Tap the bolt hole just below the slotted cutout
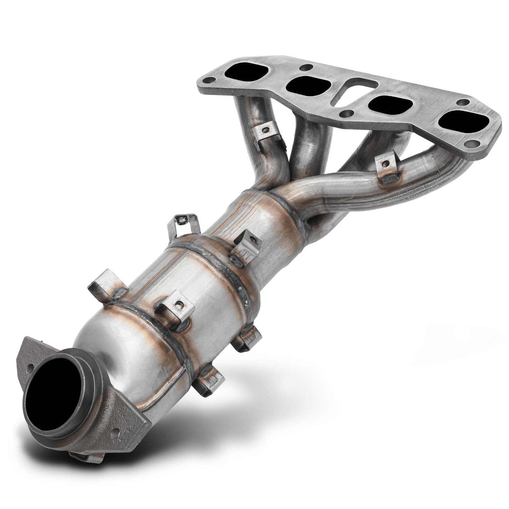pos(346,112)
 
